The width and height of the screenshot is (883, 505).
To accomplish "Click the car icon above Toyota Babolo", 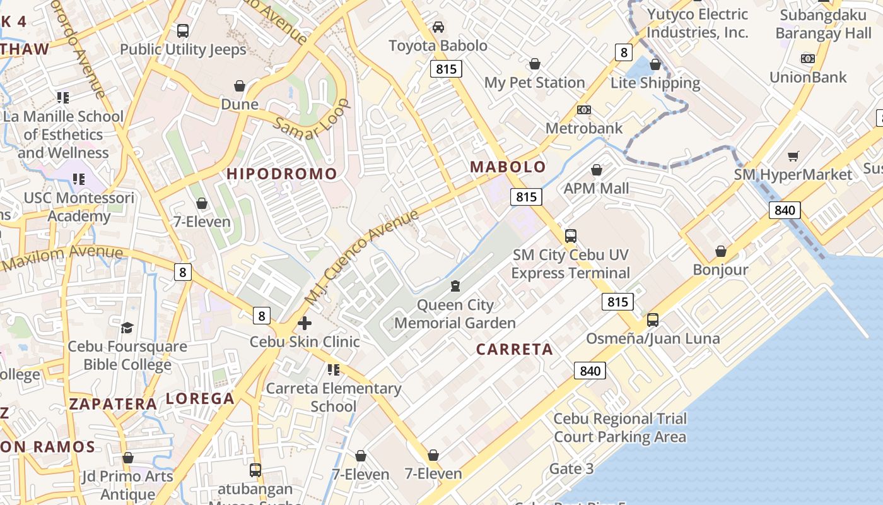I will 438,27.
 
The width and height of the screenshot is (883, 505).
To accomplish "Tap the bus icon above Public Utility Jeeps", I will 183,30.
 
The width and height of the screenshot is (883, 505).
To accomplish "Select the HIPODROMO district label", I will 282,174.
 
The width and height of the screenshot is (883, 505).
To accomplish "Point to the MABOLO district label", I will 508,167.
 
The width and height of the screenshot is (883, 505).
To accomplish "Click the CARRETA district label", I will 514,350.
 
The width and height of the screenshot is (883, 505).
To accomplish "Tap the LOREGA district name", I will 200,399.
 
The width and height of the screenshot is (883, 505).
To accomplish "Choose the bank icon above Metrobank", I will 584,110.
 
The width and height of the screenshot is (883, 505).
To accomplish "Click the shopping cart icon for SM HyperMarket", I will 793,156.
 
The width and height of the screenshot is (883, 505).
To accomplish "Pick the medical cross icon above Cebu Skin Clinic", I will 305,324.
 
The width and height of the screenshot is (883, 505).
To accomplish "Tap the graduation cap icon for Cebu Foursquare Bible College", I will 127,328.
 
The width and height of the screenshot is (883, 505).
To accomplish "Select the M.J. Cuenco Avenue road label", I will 362,256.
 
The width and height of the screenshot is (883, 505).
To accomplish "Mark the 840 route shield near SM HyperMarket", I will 785,210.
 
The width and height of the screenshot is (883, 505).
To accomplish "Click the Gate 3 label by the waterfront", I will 571,468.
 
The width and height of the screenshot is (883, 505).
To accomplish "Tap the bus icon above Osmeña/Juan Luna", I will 653,320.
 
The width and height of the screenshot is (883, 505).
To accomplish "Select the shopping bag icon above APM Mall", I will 597,170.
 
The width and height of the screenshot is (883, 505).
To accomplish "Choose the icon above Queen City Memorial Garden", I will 455,286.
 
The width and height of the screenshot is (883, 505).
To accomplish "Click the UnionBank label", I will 808,77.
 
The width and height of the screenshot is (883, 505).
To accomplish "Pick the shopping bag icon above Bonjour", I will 721,252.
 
